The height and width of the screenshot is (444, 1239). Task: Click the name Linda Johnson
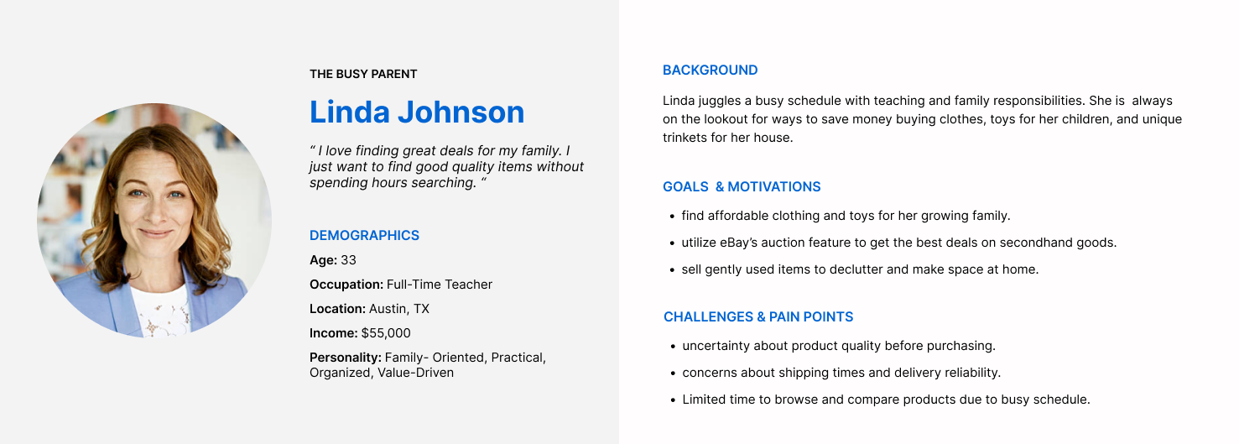(417, 112)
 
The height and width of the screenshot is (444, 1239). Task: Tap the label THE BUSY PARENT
(363, 74)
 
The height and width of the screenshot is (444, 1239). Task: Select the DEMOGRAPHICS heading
(365, 235)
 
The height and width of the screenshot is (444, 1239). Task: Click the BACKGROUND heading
(711, 71)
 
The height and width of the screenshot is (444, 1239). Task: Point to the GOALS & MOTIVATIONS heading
(742, 187)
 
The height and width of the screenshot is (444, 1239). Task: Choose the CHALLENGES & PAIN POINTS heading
(758, 317)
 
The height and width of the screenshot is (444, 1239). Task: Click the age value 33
(348, 260)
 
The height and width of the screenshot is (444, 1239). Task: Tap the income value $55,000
(386, 333)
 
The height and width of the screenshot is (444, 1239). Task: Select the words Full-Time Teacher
(440, 285)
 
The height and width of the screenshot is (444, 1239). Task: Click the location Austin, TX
(398, 309)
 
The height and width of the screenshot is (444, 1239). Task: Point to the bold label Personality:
(345, 358)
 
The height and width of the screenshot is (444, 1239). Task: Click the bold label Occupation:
(346, 285)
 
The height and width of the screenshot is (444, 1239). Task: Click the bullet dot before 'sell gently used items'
(672, 271)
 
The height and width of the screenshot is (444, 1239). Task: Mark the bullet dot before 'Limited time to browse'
(673, 401)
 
